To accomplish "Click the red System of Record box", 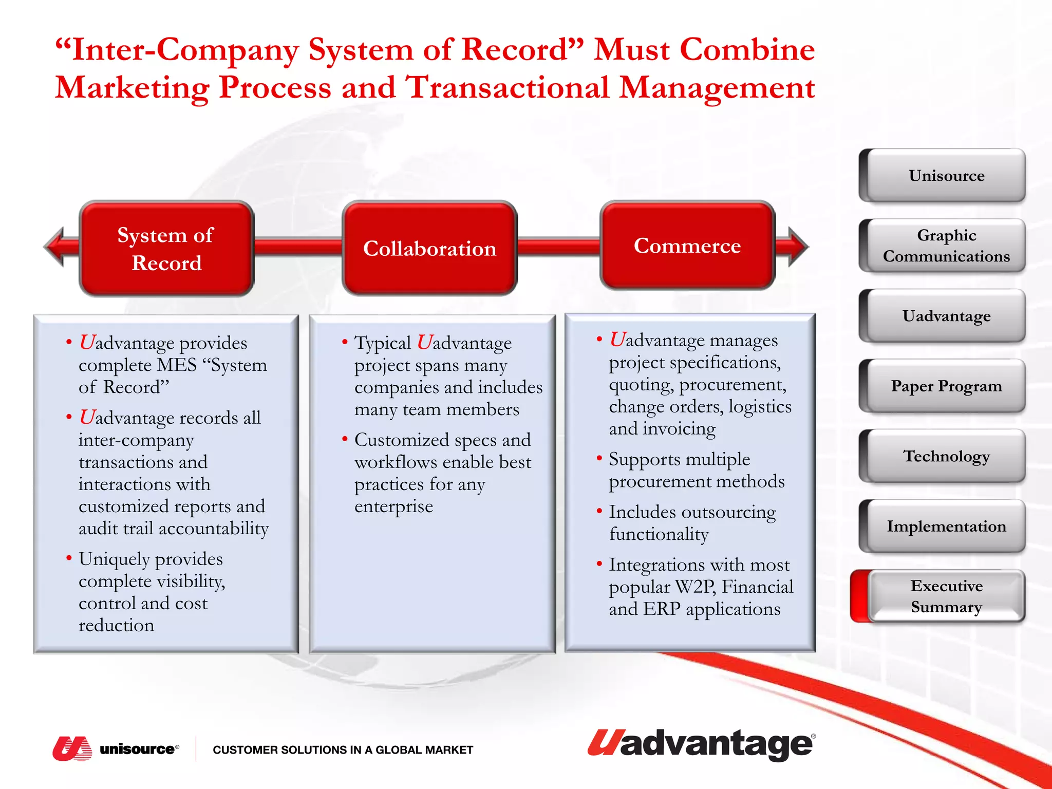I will (166, 248).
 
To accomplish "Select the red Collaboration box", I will (429, 248).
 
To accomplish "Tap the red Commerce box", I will (687, 246).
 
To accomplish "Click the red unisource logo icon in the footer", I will (72, 748).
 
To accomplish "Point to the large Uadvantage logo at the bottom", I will (701, 744).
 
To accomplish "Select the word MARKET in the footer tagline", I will (449, 750).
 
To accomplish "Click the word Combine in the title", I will (747, 50).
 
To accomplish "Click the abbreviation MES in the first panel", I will (177, 365).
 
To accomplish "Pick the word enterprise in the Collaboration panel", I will (393, 506).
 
